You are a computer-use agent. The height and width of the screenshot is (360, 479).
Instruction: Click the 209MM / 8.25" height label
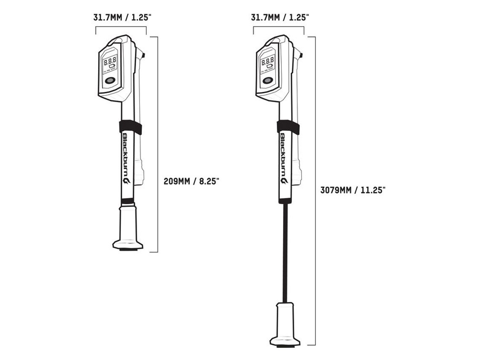click(x=191, y=181)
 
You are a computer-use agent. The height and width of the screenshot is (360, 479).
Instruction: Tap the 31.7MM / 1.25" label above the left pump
click(x=121, y=18)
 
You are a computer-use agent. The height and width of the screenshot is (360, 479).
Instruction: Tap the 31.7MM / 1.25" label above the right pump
click(x=280, y=18)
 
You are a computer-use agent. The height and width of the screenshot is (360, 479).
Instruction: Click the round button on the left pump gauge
click(x=110, y=82)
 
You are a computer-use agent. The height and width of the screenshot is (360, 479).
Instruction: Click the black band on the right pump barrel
click(x=287, y=126)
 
